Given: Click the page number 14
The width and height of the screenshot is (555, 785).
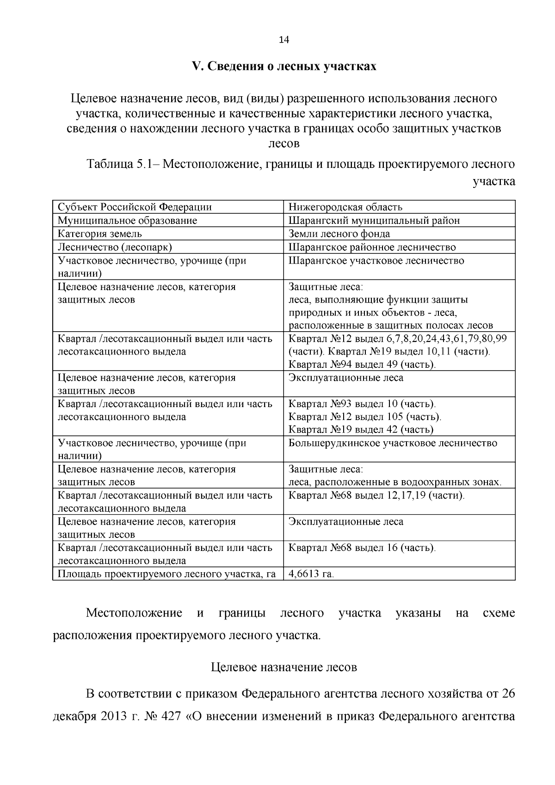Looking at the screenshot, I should pyautogui.click(x=284, y=40).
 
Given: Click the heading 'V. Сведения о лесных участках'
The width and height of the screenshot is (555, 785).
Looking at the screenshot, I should pyautogui.click(x=284, y=67).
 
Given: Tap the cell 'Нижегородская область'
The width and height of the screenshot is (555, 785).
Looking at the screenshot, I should pyautogui.click(x=345, y=207).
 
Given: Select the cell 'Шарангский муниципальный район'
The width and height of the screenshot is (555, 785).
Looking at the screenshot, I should pyautogui.click(x=374, y=220).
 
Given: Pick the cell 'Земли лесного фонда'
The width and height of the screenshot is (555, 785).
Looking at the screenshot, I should pyautogui.click(x=339, y=234).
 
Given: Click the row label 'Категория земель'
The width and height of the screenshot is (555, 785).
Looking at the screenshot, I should pyautogui.click(x=99, y=234).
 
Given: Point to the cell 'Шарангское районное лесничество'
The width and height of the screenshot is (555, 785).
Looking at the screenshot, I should pyautogui.click(x=372, y=247).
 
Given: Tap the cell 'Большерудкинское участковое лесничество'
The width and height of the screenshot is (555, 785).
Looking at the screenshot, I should pyautogui.click(x=393, y=443).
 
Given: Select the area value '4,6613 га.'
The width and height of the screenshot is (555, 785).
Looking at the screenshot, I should pyautogui.click(x=311, y=574).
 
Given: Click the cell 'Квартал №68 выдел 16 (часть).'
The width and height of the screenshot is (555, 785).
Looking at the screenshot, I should pyautogui.click(x=362, y=548).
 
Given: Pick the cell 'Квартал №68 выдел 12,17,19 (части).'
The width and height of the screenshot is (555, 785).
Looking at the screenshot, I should pyautogui.click(x=376, y=495).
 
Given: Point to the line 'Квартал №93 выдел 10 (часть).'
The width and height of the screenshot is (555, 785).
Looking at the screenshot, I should pyautogui.click(x=362, y=404).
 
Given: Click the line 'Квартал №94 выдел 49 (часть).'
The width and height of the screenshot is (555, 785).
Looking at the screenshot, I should pyautogui.click(x=362, y=365).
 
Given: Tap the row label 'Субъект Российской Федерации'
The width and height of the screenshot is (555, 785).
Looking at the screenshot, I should pyautogui.click(x=135, y=207).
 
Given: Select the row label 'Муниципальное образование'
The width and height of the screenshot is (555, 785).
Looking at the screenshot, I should pyautogui.click(x=127, y=220).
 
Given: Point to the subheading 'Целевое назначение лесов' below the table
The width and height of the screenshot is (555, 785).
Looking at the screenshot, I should pyautogui.click(x=284, y=668).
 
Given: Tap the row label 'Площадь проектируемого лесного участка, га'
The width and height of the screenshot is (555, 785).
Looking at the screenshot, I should pyautogui.click(x=166, y=574).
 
